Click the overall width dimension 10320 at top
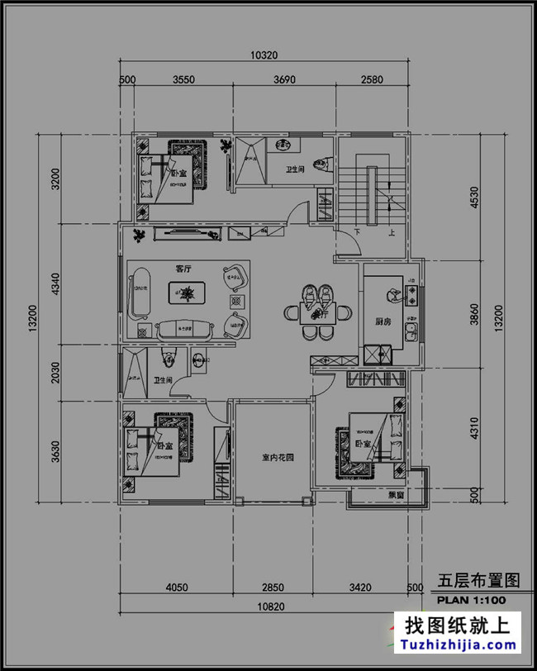264,55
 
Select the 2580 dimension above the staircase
372,80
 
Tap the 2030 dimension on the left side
55,373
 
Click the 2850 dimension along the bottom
273,588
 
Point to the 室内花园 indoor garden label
273,456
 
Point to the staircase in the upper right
373,195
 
